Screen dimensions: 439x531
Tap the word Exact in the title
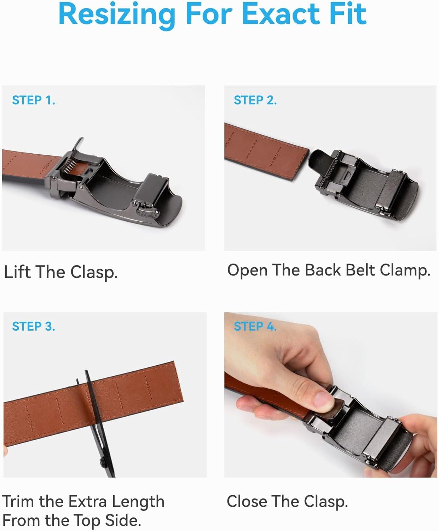click(279, 14)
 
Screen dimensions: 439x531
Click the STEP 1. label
click(34, 100)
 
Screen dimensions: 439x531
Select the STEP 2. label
click(255, 100)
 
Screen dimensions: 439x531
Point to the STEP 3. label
click(34, 326)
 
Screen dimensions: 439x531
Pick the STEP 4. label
click(255, 326)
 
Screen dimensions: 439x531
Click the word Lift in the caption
click(17, 272)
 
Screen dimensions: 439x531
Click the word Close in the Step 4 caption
click(247, 501)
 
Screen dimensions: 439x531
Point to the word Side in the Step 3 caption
click(123, 521)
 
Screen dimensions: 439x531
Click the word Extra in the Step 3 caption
click(88, 502)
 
